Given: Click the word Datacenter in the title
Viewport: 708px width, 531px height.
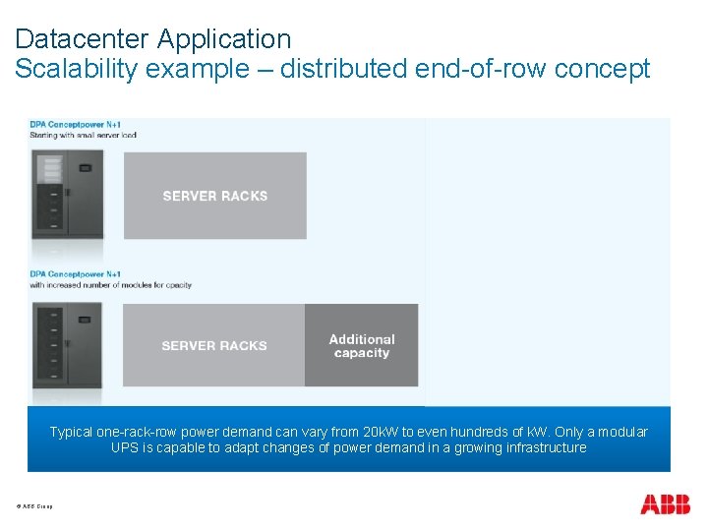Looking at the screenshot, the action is [x=81, y=39].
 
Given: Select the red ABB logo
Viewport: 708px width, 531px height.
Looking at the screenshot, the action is [x=665, y=504].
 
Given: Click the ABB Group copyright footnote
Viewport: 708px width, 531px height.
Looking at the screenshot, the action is [x=34, y=506].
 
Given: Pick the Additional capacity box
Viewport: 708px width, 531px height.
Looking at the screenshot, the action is [x=362, y=345].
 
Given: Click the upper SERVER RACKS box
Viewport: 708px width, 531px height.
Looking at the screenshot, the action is [x=215, y=196].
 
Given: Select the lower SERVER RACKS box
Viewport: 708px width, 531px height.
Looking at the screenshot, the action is [x=214, y=345].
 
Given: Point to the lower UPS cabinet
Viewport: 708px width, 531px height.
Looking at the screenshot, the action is [x=67, y=344].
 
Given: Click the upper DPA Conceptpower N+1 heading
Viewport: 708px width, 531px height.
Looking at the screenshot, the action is [x=75, y=125].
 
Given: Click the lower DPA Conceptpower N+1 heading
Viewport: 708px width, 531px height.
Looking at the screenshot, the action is [x=75, y=273].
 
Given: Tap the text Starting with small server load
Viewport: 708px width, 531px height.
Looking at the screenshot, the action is [x=83, y=135].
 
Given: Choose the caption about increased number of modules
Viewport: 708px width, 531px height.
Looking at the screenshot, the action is [x=110, y=285].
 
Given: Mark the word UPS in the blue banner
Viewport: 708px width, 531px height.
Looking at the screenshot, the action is [x=125, y=447].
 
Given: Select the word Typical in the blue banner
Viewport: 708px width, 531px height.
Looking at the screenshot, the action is [x=72, y=432].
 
